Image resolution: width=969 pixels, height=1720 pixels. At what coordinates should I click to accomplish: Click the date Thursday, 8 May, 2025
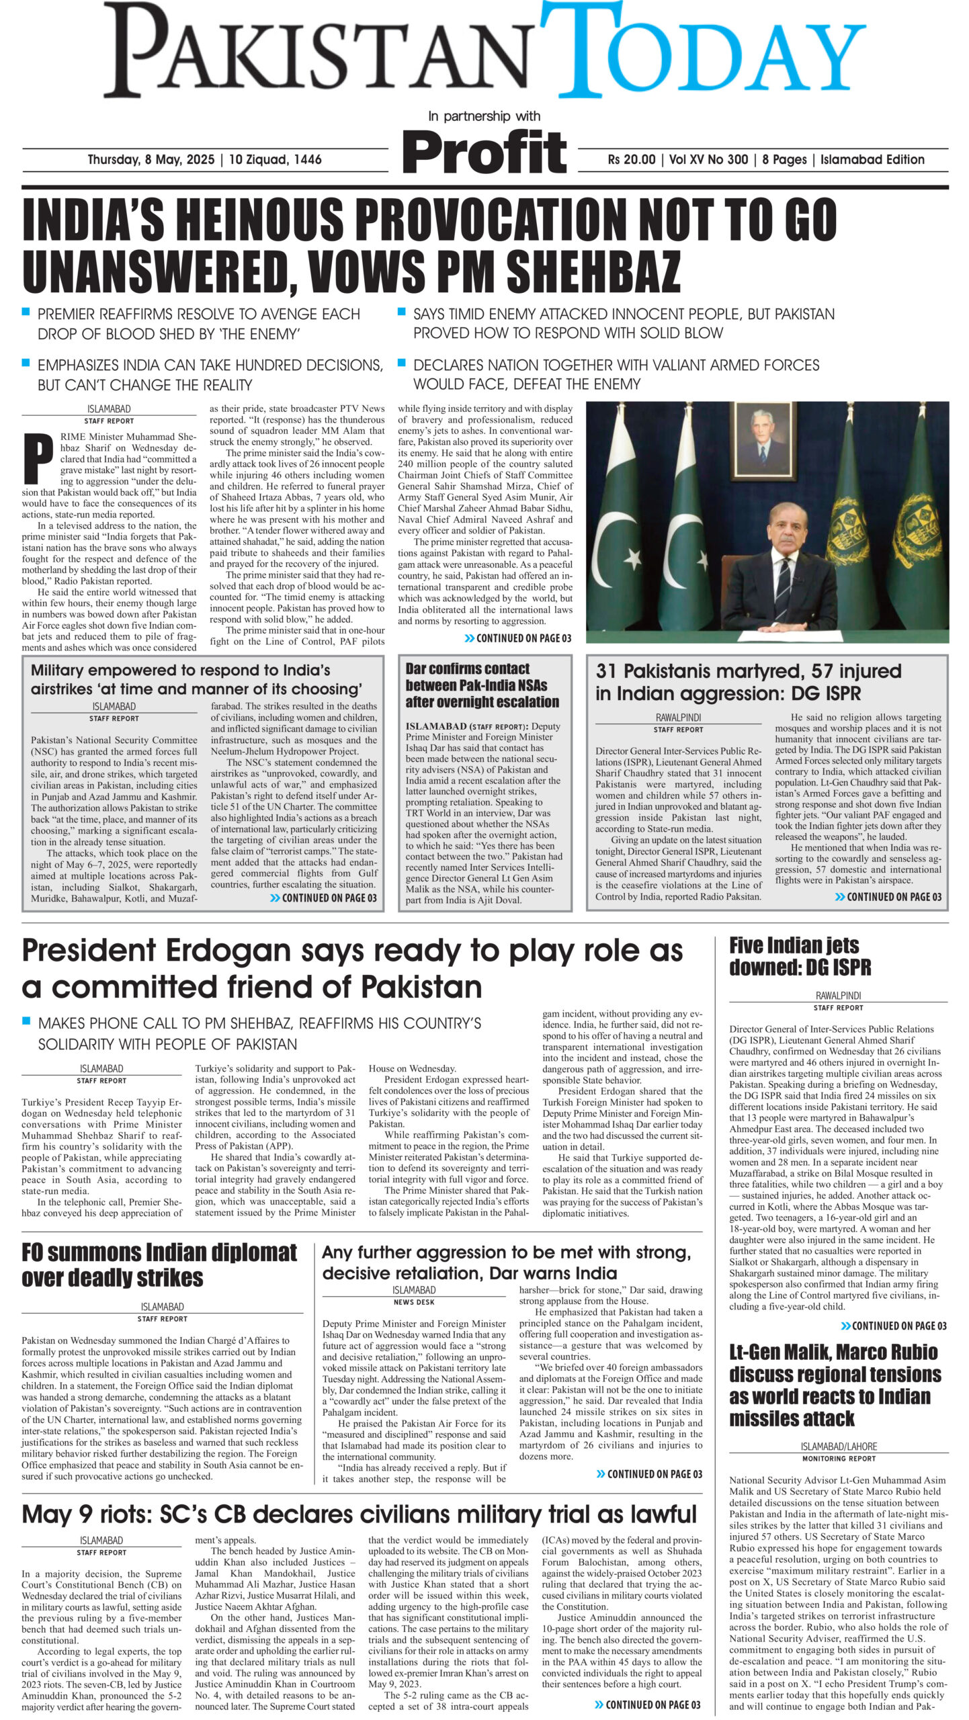(151, 160)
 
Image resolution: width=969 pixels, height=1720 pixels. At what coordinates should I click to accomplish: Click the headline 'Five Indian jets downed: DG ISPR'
(800, 957)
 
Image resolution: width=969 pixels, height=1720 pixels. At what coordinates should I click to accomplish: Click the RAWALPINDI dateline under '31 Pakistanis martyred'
(678, 718)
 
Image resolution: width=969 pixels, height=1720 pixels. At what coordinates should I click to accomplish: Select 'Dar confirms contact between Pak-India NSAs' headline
(482, 685)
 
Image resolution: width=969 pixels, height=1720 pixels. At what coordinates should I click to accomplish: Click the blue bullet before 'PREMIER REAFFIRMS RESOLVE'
(26, 312)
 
